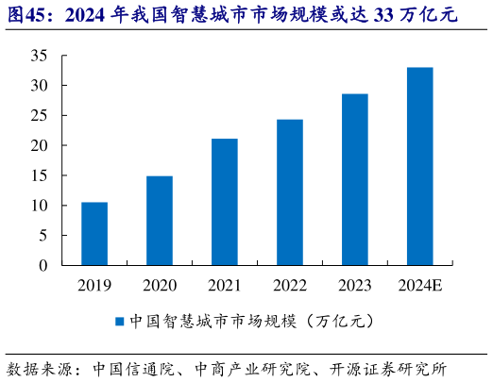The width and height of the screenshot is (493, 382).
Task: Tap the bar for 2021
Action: coord(224,202)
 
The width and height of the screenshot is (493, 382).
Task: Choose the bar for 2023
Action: coord(354,179)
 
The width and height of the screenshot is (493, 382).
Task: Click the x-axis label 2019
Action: coord(93,285)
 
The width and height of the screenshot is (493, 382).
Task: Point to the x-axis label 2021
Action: coord(224,285)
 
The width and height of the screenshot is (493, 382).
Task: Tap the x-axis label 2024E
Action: coord(419,285)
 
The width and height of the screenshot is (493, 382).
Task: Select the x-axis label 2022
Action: coord(289,285)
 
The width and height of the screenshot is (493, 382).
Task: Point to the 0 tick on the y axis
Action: coord(42,266)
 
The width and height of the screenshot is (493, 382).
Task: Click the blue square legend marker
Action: coord(120,322)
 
